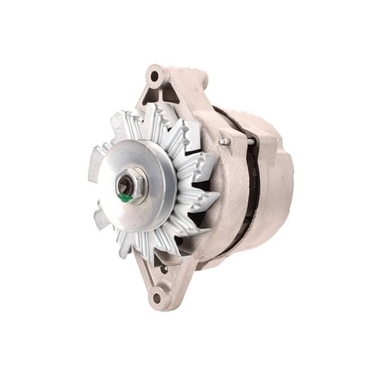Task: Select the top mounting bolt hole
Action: point(154,75)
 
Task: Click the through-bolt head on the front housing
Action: point(223,141)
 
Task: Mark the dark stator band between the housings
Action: point(249,181)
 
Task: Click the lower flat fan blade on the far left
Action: point(102,218)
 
